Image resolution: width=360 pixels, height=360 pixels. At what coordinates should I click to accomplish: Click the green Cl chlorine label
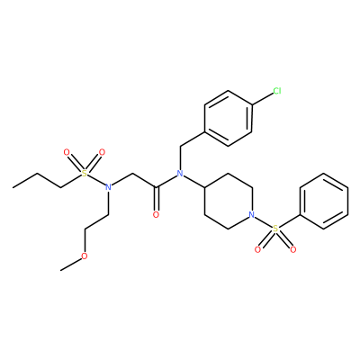(277, 91)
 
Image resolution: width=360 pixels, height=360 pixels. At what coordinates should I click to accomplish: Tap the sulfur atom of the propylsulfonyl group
(85, 174)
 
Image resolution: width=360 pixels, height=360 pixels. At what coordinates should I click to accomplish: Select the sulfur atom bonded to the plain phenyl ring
(275, 229)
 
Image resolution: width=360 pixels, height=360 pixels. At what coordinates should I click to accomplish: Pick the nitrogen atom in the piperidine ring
(252, 215)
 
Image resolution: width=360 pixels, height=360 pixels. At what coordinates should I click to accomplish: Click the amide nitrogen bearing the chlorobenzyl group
(180, 174)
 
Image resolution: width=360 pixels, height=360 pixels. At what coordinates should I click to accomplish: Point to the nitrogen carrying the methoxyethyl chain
(109, 187)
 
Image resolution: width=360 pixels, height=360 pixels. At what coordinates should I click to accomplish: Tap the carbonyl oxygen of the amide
(156, 215)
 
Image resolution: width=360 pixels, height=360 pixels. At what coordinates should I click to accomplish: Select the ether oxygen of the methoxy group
(85, 256)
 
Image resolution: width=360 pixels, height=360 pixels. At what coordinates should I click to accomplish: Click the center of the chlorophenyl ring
(228, 118)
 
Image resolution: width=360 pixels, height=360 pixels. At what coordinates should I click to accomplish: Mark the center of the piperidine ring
(228, 202)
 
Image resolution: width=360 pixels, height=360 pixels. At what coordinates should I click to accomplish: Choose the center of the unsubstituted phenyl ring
(324, 202)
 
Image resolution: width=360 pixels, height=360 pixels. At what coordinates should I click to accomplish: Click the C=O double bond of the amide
(156, 199)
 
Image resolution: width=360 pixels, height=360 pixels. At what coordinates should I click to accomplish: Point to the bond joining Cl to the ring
(262, 98)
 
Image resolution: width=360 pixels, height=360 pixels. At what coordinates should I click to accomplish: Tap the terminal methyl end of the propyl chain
(13, 187)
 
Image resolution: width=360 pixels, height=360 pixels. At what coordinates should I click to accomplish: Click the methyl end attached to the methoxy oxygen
(61, 270)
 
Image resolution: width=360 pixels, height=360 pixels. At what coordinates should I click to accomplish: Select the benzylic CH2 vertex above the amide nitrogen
(180, 146)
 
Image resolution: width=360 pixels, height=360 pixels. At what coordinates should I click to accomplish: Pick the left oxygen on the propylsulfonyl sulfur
(67, 152)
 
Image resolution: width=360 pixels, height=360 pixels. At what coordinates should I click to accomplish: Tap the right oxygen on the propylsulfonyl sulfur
(102, 152)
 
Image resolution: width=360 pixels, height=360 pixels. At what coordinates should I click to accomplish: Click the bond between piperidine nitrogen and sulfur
(264, 222)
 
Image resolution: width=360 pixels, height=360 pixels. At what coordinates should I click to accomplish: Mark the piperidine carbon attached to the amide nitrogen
(204, 187)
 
